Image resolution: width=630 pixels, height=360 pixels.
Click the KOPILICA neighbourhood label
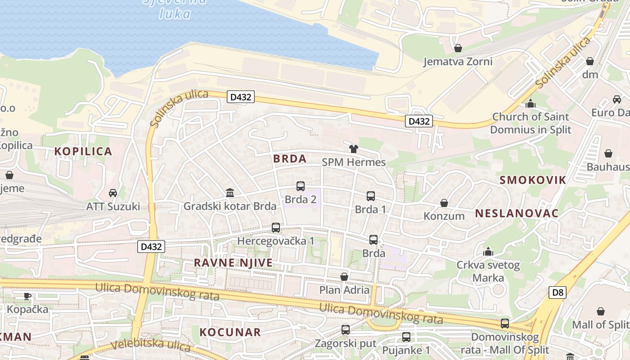pyautogui.click(x=83, y=151)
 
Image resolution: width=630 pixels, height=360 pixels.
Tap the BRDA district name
pyautogui.click(x=290, y=158)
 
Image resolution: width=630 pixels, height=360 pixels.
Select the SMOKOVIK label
pyautogui.click(x=533, y=180)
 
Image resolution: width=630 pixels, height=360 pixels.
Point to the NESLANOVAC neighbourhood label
pyautogui.click(x=517, y=213)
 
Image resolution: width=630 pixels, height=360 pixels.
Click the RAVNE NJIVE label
pyautogui.click(x=234, y=263)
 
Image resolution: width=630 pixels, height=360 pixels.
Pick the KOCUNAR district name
pyautogui.click(x=230, y=333)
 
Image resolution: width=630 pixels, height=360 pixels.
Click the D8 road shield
pyautogui.click(x=558, y=293)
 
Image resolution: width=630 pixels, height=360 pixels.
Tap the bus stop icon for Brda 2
pyautogui.click(x=301, y=186)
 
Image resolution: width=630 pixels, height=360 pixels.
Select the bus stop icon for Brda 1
pyautogui.click(x=371, y=196)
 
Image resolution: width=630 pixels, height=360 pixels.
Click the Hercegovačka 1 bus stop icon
pyautogui.click(x=276, y=228)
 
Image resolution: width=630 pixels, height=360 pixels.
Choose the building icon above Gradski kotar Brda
pyautogui.click(x=230, y=193)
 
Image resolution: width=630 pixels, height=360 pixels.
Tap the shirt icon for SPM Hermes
pyautogui.click(x=354, y=149)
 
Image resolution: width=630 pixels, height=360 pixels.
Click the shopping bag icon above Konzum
pyautogui.click(x=444, y=203)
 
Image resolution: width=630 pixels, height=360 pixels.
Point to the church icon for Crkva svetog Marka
pyautogui.click(x=488, y=252)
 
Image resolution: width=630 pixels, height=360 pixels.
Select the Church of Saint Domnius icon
pyautogui.click(x=531, y=103)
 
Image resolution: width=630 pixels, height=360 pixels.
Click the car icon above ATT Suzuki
pyautogui.click(x=113, y=193)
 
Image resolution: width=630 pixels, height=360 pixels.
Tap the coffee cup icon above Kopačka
pyautogui.click(x=27, y=296)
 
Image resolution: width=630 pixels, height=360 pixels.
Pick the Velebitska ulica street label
pyautogui.click(x=151, y=345)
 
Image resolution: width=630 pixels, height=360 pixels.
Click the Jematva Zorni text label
pyautogui.click(x=458, y=62)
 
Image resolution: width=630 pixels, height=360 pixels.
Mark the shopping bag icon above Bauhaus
pyautogui.click(x=608, y=154)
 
